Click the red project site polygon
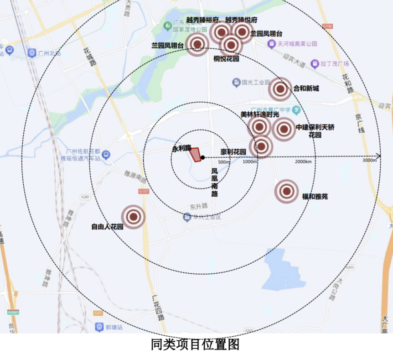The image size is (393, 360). pyautogui.click(x=196, y=155)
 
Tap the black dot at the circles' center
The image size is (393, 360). pyautogui.click(x=203, y=158)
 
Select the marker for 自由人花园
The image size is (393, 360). pyautogui.click(x=134, y=217)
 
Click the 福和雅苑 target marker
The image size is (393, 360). pyautogui.click(x=286, y=192)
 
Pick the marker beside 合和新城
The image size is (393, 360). pyautogui.click(x=280, y=89)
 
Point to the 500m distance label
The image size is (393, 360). pyautogui.click(x=224, y=162)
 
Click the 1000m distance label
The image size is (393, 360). pyautogui.click(x=250, y=162)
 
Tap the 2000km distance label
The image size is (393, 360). pyautogui.click(x=303, y=162)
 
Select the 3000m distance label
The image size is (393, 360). pyautogui.click(x=370, y=161)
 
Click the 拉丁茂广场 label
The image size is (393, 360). pyautogui.click(x=334, y=63)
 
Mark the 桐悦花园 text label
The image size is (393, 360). pyautogui.click(x=227, y=58)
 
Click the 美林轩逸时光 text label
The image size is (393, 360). pyautogui.click(x=259, y=115)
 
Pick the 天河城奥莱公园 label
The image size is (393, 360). pyautogui.click(x=296, y=44)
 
